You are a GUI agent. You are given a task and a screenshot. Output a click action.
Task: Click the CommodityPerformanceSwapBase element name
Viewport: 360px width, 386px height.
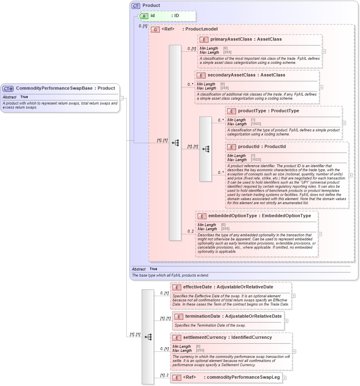(54, 88)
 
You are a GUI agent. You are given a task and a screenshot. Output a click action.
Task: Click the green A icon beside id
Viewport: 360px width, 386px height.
(144, 16)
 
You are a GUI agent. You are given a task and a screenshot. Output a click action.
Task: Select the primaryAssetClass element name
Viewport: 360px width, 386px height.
(230, 39)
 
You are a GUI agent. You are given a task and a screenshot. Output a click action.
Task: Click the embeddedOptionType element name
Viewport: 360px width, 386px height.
(233, 216)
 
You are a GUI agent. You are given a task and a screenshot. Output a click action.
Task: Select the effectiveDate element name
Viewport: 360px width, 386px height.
(197, 287)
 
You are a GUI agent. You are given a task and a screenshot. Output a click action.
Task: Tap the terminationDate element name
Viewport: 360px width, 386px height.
(200, 316)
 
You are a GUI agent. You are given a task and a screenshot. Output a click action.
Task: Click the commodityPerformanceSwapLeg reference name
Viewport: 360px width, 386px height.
(243, 377)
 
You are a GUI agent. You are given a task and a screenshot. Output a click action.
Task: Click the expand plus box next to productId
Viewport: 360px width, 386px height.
(351, 175)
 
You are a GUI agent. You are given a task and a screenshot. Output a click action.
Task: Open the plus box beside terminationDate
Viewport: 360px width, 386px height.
(286, 321)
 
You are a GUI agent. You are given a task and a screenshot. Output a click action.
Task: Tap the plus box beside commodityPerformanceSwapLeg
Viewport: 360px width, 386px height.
(284, 377)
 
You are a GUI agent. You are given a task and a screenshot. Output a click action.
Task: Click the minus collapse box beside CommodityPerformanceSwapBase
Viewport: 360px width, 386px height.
(121, 98)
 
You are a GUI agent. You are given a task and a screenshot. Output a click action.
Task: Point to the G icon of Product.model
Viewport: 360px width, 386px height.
(155, 29)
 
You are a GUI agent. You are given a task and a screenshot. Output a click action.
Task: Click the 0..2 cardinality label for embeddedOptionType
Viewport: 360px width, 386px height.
(190, 231)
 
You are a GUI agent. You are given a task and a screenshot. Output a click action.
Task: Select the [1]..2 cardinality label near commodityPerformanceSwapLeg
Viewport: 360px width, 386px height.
(165, 375)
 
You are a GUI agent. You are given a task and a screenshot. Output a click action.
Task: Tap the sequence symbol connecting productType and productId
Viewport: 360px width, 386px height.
(206, 149)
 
